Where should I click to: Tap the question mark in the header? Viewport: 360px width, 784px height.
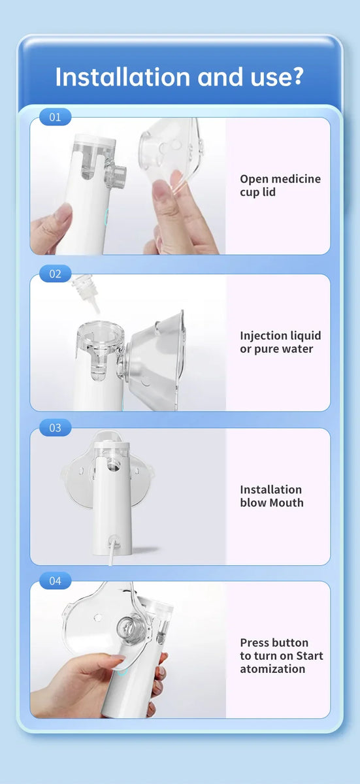(297, 76)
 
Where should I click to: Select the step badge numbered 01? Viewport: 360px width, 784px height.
(55, 117)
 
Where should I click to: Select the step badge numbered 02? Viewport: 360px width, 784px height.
(55, 274)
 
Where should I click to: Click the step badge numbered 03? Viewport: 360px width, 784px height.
(55, 428)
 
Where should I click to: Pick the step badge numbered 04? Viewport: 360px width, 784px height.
(55, 581)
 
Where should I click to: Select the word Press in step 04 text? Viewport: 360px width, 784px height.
(255, 642)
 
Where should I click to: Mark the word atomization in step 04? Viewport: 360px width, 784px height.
(272, 669)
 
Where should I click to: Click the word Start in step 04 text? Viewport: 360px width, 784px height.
(310, 656)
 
